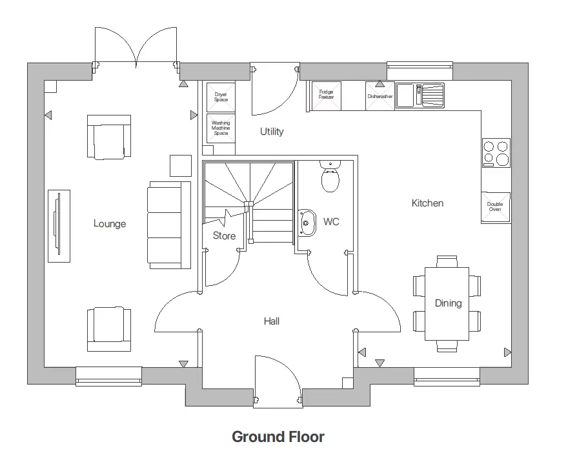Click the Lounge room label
(110, 224)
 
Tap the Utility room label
(272, 132)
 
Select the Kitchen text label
(427, 203)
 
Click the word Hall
(272, 321)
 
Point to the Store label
(224, 236)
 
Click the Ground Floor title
(278, 437)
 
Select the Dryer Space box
(221, 97)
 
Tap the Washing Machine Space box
(221, 128)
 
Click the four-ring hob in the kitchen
(496, 153)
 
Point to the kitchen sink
(420, 95)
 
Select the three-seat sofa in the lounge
(169, 225)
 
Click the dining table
(447, 303)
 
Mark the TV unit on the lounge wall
(59, 226)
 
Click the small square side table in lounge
(180, 166)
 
